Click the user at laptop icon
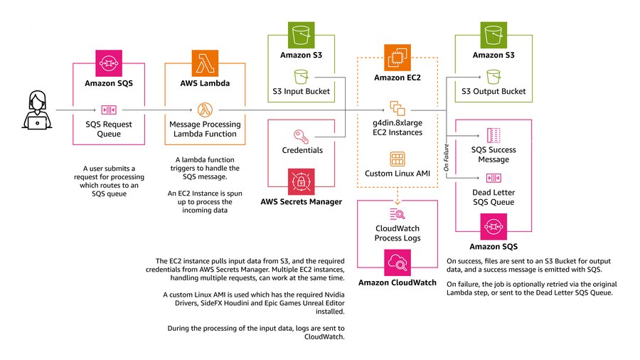click(35, 110)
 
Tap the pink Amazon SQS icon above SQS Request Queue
click(109, 63)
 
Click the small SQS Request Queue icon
click(110, 110)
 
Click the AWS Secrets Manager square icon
click(301, 182)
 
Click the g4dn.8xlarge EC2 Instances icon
click(397, 109)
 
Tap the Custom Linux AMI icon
click(397, 159)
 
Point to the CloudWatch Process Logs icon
click(398, 214)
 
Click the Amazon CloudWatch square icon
click(398, 263)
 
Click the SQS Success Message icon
click(494, 135)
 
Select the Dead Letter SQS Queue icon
click(494, 177)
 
